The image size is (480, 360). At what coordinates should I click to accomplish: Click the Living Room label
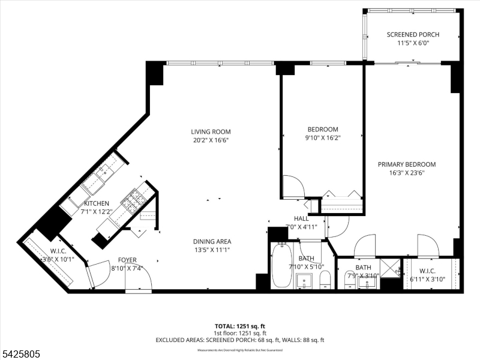211,132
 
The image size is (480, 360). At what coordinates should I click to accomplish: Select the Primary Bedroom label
406,164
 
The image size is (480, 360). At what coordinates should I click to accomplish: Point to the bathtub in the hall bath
282,266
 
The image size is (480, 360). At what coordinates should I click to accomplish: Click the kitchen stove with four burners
133,200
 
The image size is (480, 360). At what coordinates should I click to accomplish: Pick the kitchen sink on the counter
104,173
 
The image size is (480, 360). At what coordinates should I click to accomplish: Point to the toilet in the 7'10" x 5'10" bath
325,279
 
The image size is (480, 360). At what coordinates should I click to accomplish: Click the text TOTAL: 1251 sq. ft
240,325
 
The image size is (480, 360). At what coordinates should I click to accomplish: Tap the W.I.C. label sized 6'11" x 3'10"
431,271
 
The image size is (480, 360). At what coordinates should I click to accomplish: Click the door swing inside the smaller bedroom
292,185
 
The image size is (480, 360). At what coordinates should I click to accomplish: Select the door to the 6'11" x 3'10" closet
428,245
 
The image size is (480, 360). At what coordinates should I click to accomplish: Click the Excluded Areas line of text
240,340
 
